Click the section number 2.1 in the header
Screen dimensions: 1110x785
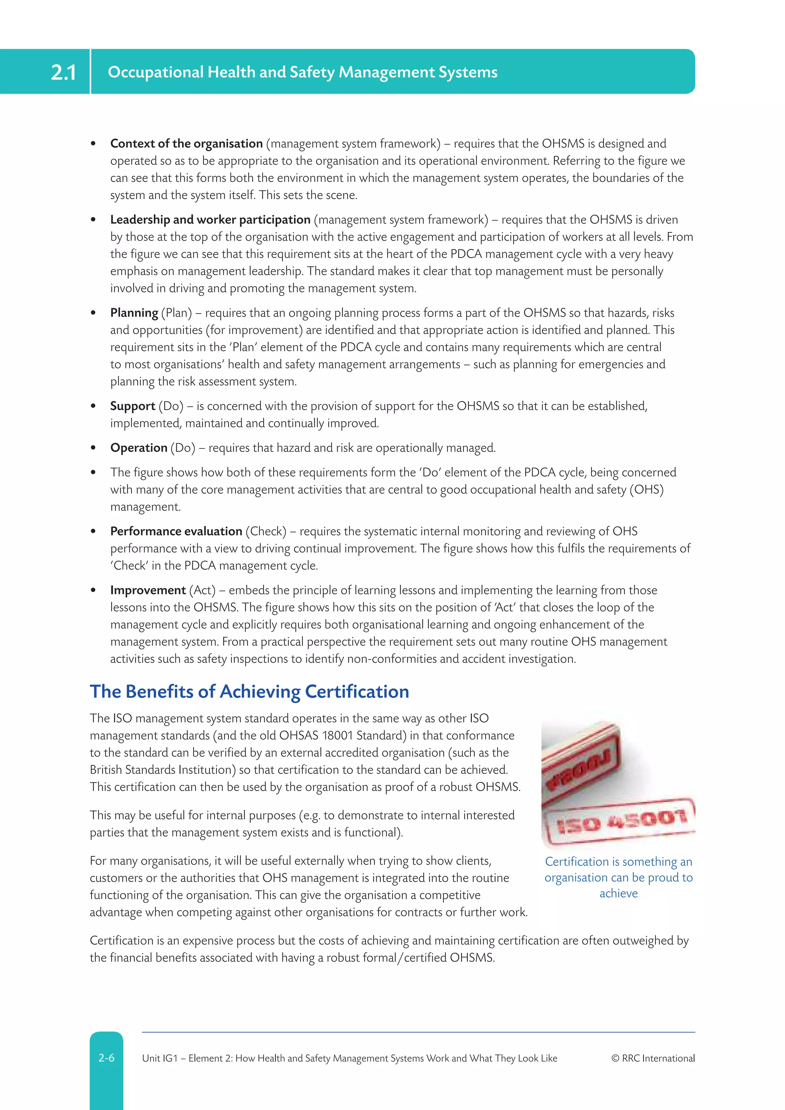pyautogui.click(x=63, y=72)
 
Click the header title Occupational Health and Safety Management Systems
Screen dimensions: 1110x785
pyautogui.click(x=302, y=72)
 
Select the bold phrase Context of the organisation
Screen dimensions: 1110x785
pyautogui.click(x=186, y=144)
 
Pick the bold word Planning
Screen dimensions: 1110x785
pyautogui.click(x=134, y=313)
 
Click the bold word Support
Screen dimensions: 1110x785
pyautogui.click(x=133, y=406)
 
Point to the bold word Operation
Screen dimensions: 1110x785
pyautogui.click(x=138, y=448)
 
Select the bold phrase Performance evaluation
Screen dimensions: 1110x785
pyautogui.click(x=176, y=531)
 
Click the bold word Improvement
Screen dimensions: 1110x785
pyautogui.click(x=148, y=590)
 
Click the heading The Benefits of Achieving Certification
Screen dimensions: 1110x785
pyautogui.click(x=249, y=691)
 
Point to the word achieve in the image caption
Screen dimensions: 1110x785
pyautogui.click(x=618, y=893)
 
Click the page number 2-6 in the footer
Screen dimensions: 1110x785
pyautogui.click(x=106, y=1058)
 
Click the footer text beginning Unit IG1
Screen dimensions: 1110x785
pyautogui.click(x=349, y=1058)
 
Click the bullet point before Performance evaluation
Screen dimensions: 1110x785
pyautogui.click(x=93, y=532)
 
